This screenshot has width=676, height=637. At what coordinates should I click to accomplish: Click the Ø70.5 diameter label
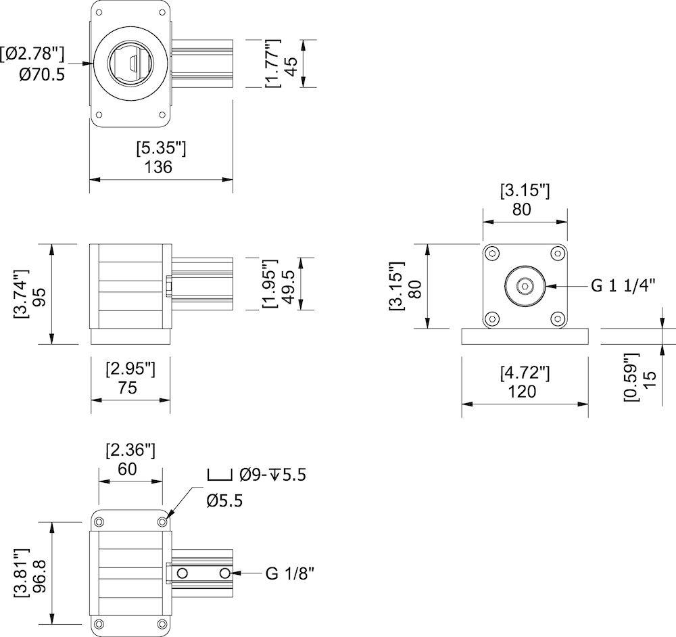(x=42, y=74)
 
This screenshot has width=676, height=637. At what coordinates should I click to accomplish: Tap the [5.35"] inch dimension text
(x=160, y=147)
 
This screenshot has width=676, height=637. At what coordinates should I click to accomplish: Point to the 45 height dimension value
(x=291, y=65)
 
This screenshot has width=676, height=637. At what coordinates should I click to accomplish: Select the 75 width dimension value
(x=127, y=387)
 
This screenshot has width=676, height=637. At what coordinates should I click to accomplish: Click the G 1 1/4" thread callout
(x=623, y=285)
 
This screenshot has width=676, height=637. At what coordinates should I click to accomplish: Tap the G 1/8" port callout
(x=290, y=574)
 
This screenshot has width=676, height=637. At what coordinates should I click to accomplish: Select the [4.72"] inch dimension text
(x=524, y=372)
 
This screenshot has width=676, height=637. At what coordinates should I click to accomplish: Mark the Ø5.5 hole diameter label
(x=224, y=500)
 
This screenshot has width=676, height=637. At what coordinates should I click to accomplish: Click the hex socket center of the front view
(x=525, y=287)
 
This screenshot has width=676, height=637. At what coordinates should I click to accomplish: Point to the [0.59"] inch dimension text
(x=630, y=377)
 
